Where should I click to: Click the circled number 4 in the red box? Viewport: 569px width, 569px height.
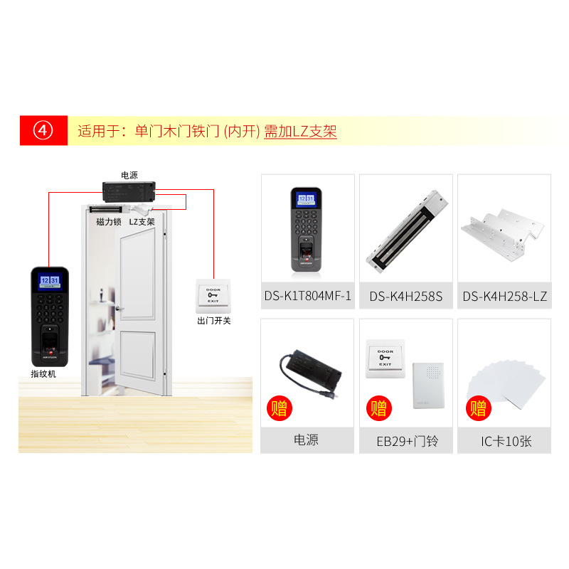(x=43, y=131)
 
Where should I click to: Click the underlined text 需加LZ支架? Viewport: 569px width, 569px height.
(x=300, y=132)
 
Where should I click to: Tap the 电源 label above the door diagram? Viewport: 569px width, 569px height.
(x=129, y=175)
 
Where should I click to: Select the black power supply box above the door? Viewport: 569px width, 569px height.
(x=129, y=191)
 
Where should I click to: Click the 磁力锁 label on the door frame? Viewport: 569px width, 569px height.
(x=109, y=221)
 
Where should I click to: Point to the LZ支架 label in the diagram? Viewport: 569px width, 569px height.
(x=142, y=221)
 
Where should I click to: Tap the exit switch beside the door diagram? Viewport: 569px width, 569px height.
(x=213, y=297)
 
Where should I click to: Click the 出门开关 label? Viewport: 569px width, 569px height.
(x=213, y=321)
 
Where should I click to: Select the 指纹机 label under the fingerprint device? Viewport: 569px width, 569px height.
(x=43, y=373)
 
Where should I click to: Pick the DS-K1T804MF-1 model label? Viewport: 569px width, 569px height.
(x=307, y=296)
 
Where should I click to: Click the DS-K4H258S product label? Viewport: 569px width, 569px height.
(x=405, y=296)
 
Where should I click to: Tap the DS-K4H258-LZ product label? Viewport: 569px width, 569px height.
(x=505, y=296)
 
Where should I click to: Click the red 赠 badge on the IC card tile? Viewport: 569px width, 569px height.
(x=478, y=409)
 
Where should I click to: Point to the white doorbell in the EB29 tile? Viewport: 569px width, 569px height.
(x=428, y=385)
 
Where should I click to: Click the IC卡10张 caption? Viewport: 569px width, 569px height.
(x=505, y=441)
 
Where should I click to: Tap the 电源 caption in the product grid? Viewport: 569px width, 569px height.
(x=307, y=440)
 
